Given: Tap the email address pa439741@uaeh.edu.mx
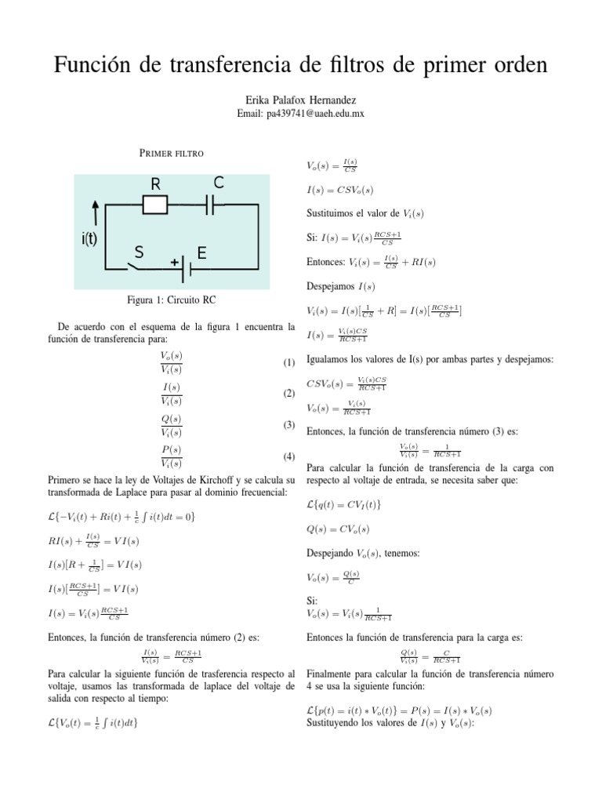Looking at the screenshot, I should pos(300,113).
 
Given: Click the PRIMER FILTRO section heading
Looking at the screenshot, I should pos(172,152).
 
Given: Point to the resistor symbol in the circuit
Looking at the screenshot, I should pos(154,205).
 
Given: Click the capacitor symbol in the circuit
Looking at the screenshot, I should pos(210,205).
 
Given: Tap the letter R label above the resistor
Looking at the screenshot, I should pos(155,184).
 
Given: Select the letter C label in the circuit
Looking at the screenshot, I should pos(219,183).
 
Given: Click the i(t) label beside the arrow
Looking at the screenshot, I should pos(89,240).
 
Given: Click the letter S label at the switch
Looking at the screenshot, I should pos(139,253).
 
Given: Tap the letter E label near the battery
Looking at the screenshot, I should pos(201,253).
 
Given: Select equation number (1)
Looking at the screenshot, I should pos(288,362).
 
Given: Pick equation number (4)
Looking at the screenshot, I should pos(288,456).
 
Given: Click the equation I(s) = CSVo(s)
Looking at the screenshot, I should pos(340,190).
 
